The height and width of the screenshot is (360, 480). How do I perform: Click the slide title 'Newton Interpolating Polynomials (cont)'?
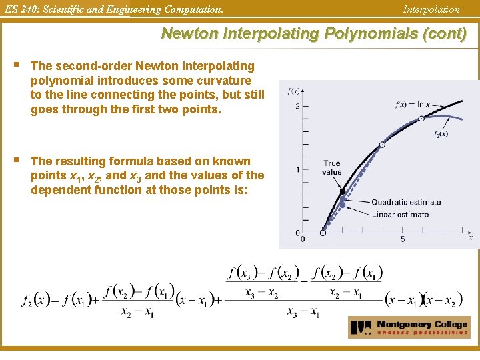[313, 34]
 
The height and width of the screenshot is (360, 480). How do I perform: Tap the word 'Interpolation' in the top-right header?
[431, 9]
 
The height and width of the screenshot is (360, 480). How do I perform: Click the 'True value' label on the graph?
[331, 167]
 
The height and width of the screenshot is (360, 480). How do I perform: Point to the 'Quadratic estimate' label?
[406, 203]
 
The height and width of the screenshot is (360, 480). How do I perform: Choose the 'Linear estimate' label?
[400, 215]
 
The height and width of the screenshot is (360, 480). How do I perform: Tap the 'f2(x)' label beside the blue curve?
[441, 133]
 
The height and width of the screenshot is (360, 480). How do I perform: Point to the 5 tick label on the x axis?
[403, 239]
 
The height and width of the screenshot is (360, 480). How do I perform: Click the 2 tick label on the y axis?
[297, 107]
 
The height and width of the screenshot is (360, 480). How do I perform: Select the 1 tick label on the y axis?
[297, 170]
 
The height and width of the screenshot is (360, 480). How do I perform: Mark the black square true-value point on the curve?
[343, 192]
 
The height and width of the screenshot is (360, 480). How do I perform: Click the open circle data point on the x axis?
[323, 233]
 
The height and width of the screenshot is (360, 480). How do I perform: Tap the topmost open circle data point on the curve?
[421, 119]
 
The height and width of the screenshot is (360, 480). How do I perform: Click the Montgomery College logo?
[409, 327]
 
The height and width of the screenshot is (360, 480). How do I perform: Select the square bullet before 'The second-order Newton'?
[14, 65]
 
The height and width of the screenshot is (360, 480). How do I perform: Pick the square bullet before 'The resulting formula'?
[14, 161]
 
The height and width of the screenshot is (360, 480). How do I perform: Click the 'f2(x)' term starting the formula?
[36, 301]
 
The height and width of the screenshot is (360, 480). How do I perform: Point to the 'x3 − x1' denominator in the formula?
[303, 312]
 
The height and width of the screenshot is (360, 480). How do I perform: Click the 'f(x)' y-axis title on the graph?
[292, 91]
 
